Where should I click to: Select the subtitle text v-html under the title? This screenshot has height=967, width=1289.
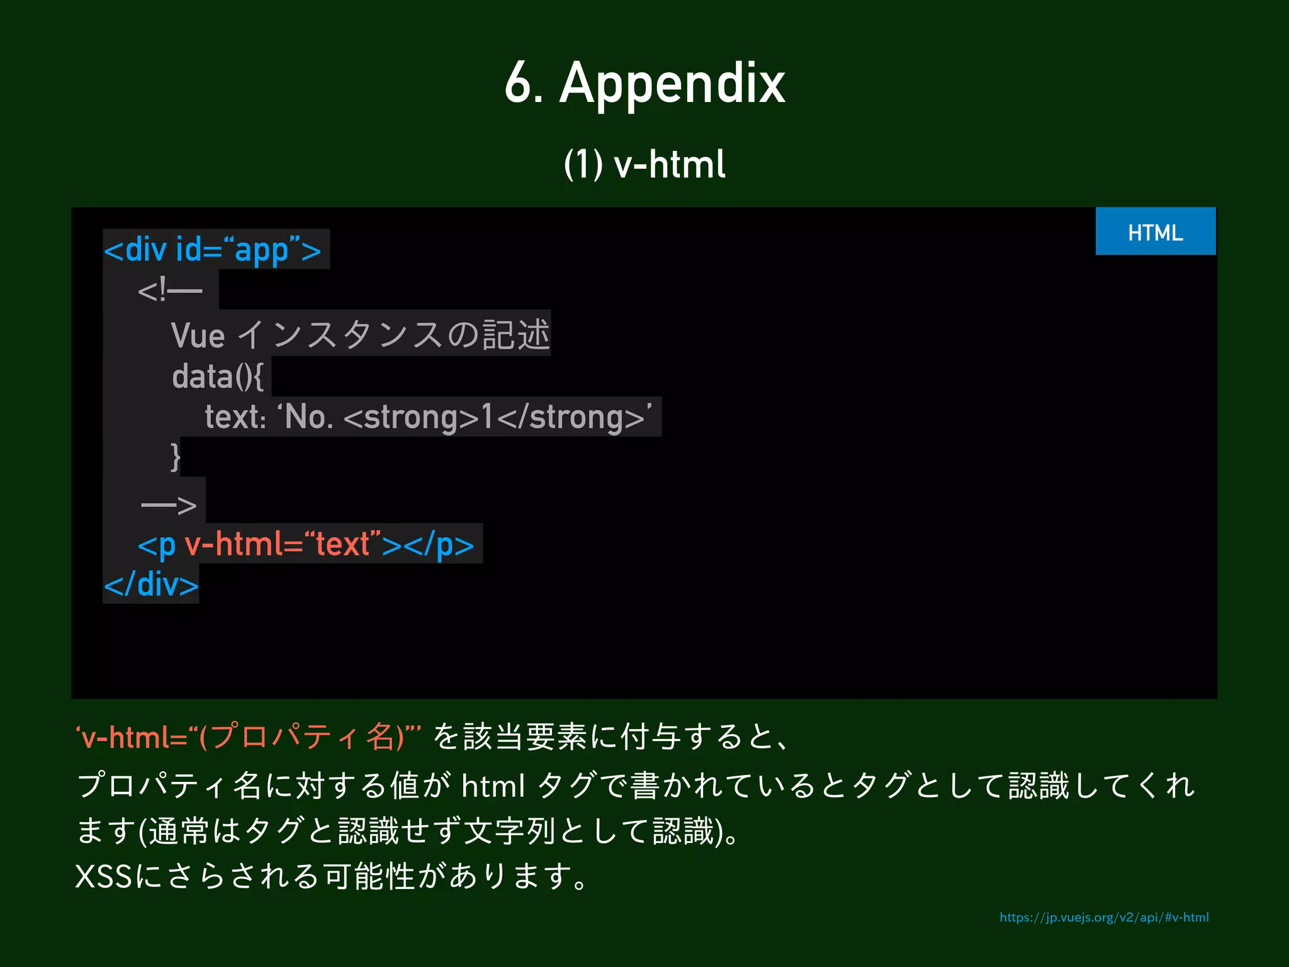669,165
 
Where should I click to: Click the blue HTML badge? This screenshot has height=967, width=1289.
1155,232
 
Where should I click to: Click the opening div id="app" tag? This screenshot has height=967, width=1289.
213,250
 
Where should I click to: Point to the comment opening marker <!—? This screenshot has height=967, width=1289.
169,291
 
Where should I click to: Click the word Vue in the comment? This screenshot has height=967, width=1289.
198,336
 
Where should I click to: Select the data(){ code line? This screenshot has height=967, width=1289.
218,376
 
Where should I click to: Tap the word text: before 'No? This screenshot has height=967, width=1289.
235,417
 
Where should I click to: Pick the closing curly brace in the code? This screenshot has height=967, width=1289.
176,456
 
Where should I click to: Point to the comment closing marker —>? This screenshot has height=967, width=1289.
169,504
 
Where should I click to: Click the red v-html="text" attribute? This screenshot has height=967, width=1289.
283,544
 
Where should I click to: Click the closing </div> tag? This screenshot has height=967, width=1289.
151,585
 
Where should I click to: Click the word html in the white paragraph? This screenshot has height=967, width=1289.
493,786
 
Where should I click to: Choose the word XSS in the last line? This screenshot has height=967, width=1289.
103,876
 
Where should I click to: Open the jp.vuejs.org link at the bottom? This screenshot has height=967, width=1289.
1103,917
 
